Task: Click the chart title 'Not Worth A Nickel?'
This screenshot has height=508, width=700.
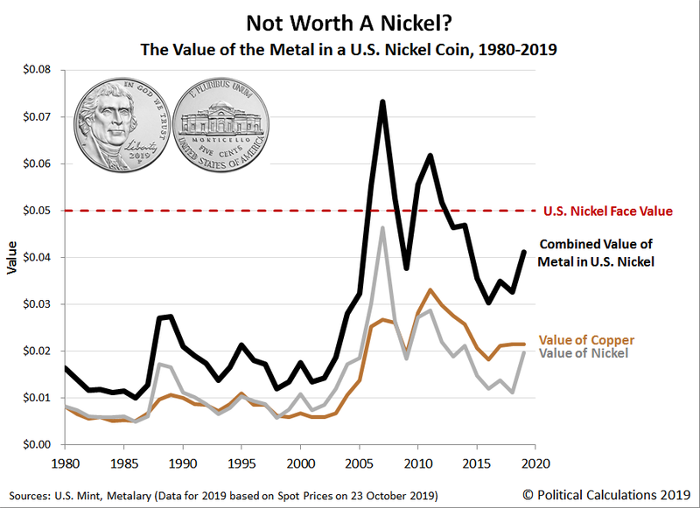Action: (x=349, y=23)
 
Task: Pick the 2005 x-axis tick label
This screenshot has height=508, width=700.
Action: (x=359, y=462)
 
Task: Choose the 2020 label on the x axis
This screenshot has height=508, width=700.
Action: (x=535, y=462)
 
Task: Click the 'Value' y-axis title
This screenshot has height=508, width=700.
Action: (x=12, y=257)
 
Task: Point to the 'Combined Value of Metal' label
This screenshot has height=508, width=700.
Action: (x=598, y=252)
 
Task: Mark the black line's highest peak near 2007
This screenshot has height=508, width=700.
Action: (x=382, y=101)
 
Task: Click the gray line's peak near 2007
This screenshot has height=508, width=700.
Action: (x=382, y=228)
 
